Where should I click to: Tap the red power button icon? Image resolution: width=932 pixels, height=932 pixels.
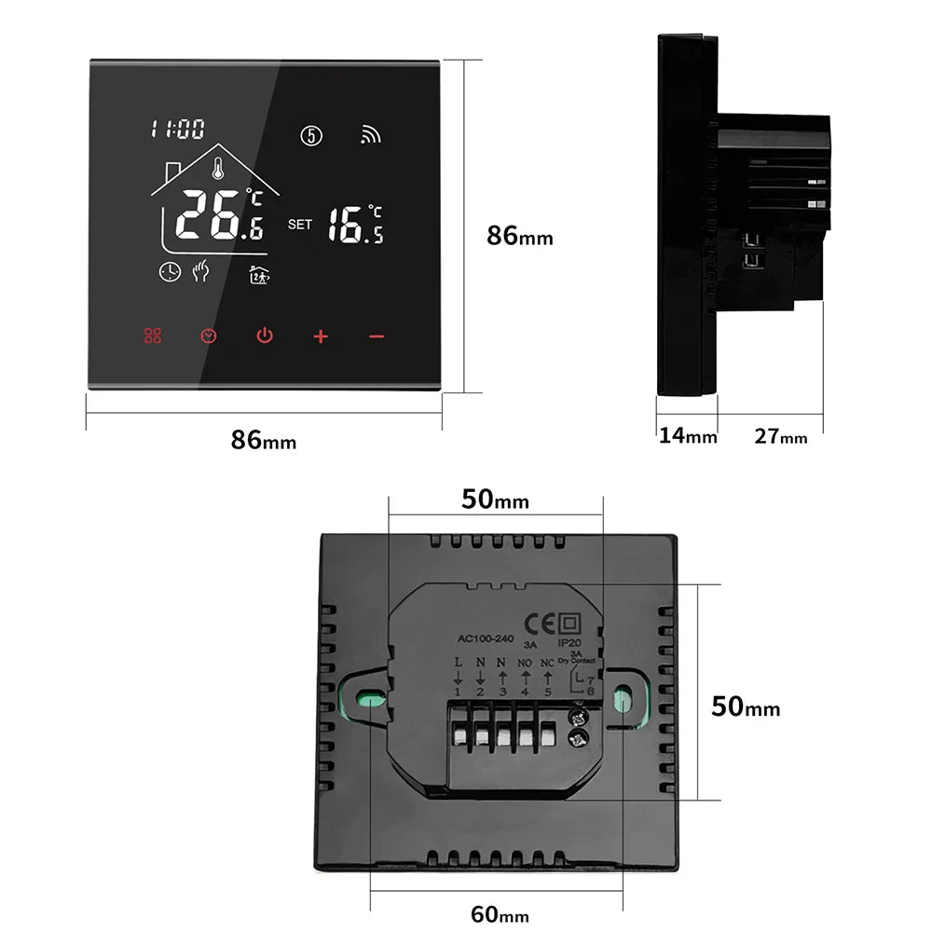(265, 336)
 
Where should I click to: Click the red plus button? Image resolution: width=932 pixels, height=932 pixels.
(321, 336)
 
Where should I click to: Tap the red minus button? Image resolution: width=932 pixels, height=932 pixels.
(376, 336)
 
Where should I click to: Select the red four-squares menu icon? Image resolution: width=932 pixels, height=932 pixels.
(153, 336)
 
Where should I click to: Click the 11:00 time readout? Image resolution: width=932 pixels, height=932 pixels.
(177, 130)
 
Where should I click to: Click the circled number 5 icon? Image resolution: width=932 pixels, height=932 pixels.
(311, 136)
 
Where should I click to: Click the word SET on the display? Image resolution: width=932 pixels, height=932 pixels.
(300, 224)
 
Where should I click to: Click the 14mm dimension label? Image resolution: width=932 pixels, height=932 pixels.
(688, 435)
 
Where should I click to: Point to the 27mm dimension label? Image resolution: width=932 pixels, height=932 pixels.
(780, 435)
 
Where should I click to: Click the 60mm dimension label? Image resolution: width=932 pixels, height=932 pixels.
(500, 915)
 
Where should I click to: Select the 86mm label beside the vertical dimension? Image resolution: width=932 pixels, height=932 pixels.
(519, 237)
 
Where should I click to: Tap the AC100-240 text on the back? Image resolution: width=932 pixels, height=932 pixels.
(486, 638)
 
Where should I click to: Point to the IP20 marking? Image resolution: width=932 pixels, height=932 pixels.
(569, 642)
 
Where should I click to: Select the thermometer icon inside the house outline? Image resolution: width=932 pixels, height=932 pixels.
(216, 170)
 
